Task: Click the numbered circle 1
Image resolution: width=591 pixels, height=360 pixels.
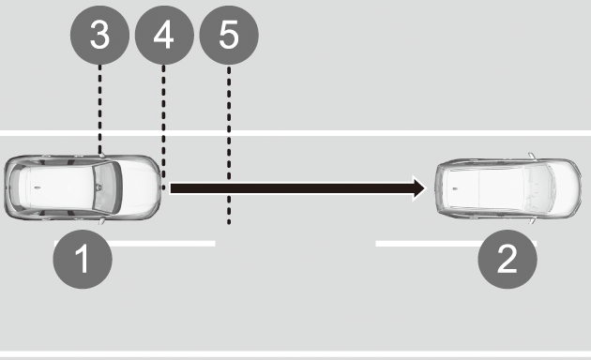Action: coord(83,259)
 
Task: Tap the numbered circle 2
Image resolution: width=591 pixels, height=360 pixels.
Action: coord(508,259)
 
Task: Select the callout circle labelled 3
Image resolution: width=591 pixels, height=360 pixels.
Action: coord(99,35)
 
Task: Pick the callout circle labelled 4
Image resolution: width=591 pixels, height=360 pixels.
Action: coord(164,35)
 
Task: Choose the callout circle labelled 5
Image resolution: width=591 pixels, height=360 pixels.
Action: coord(229,35)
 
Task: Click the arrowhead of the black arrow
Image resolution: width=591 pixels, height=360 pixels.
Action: coord(419,188)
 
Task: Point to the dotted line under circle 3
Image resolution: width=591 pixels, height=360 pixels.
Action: coord(99,109)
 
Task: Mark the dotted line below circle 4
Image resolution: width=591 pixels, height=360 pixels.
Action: coord(163,127)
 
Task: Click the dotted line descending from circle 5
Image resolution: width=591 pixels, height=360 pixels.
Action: coord(229,145)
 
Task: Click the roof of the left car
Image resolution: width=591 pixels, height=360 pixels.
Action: coord(60,187)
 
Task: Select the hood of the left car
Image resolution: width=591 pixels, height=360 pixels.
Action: coord(140,187)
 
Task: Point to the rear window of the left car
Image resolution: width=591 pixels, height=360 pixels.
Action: coord(16,187)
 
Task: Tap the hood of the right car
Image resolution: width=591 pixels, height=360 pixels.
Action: coord(564,187)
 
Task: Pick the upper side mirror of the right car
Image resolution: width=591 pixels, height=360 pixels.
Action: coord(532,156)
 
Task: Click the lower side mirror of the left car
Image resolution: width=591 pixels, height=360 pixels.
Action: coord(101,221)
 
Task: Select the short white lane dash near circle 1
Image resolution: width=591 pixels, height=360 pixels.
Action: coord(135,244)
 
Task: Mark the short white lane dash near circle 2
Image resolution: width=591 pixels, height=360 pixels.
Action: coord(456,244)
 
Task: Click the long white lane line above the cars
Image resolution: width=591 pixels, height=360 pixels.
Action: coord(295,133)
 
